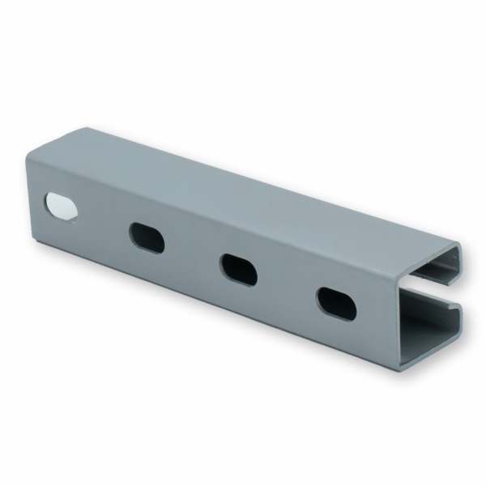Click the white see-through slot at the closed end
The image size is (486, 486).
point(62,207)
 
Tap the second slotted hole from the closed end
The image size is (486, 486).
point(147,237)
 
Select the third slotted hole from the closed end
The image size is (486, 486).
point(238,269)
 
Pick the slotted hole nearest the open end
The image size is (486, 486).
point(335,303)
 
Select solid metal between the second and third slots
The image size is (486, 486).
point(193,253)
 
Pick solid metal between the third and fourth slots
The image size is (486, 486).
point(287,286)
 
